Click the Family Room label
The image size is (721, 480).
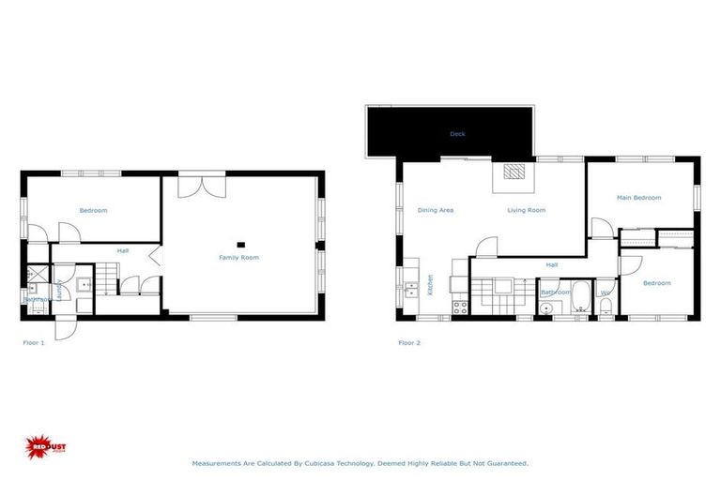click(x=238, y=257)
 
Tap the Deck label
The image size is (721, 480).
click(x=457, y=134)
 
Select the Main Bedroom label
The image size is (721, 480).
click(x=638, y=198)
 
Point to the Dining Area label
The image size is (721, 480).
click(x=435, y=210)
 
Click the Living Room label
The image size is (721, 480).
click(x=526, y=210)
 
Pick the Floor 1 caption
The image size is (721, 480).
click(x=34, y=343)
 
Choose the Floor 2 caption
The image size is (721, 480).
click(x=409, y=343)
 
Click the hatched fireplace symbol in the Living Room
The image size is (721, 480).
click(x=513, y=172)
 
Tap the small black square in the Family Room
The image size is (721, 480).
click(x=241, y=246)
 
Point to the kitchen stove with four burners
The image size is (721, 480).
click(x=460, y=305)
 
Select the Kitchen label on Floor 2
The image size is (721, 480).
click(x=430, y=284)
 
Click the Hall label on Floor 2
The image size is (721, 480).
click(x=551, y=265)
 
